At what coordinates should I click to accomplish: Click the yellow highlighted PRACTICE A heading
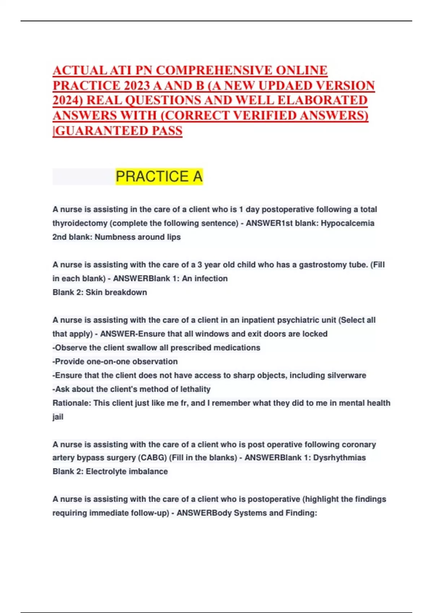click(159, 177)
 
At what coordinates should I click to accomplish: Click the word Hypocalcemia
click(347, 223)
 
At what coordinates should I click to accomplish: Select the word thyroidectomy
click(80, 223)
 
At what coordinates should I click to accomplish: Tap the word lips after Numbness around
click(174, 237)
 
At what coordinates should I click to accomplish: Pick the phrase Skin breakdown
click(116, 292)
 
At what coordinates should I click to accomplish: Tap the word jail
click(58, 417)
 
